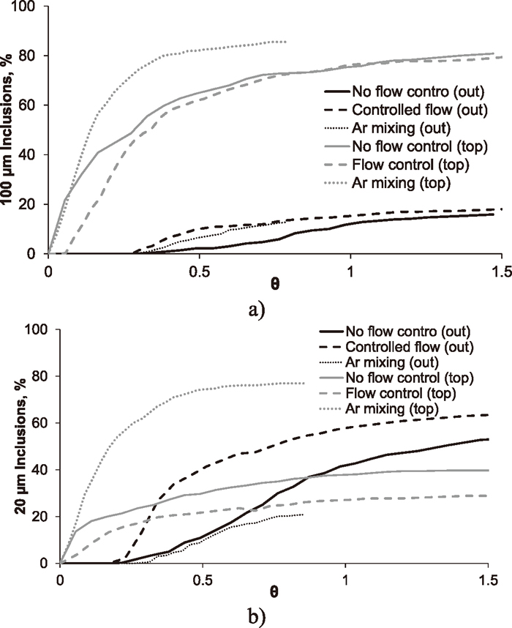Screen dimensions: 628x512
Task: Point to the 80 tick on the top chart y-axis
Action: (x=34, y=56)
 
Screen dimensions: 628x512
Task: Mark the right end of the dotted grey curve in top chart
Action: (x=285, y=42)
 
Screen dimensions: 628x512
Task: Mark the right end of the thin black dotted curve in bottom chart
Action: (x=302, y=515)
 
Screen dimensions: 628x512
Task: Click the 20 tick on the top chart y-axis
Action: (x=34, y=204)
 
